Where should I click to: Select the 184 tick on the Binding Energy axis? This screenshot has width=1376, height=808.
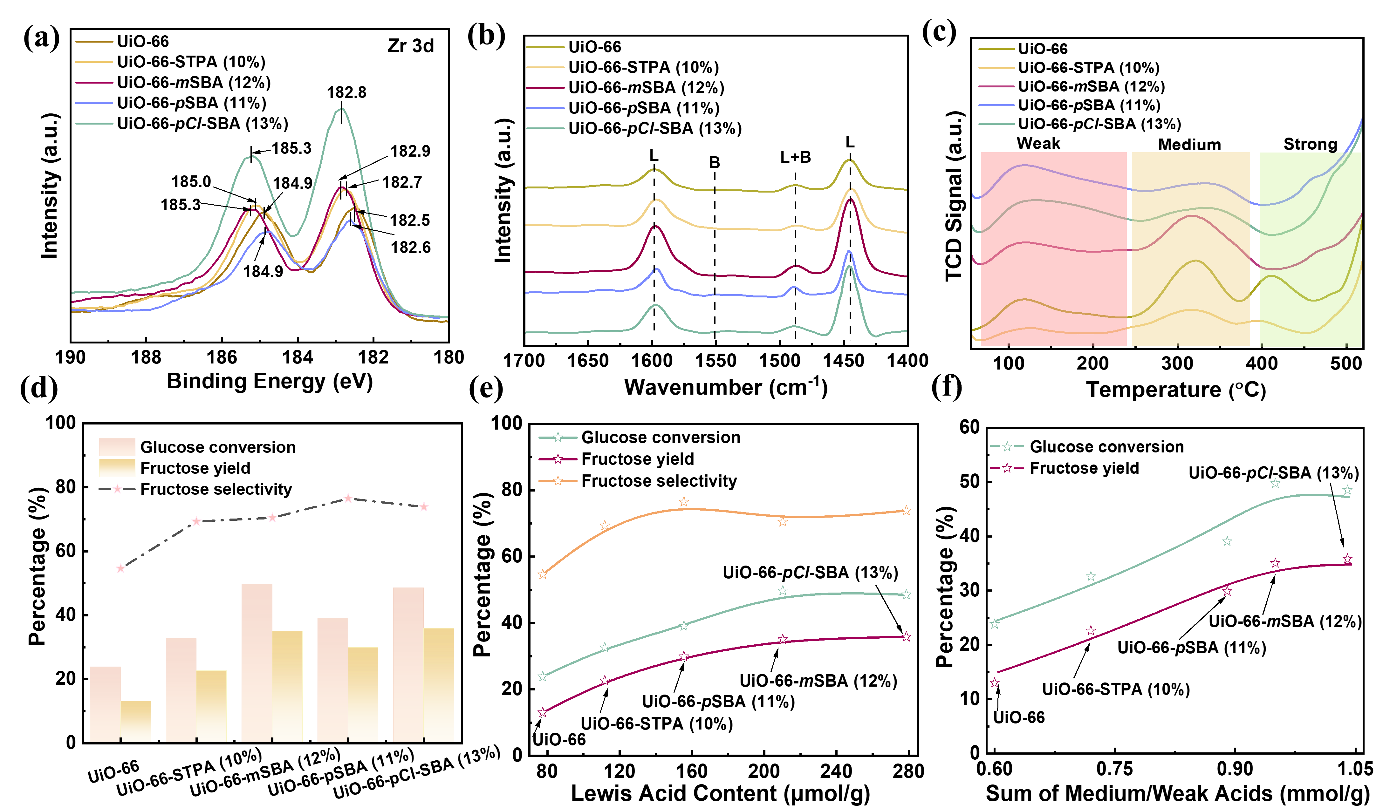[x=298, y=357]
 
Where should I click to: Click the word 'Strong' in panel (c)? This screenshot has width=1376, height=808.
[x=1310, y=144]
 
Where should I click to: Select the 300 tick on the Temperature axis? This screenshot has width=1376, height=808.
[x=1177, y=363]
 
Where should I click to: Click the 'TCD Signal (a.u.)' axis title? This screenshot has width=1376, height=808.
[x=953, y=197]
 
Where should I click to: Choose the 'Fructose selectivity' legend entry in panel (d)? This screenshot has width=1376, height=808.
[x=216, y=489]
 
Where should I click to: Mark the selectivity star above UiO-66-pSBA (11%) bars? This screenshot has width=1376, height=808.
[x=348, y=499]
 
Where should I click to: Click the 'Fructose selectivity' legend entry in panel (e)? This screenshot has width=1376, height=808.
[x=659, y=481]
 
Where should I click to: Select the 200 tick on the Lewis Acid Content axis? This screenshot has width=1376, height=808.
[x=763, y=771]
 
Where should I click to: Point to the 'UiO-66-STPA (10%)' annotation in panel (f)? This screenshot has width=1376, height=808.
[x=1116, y=689]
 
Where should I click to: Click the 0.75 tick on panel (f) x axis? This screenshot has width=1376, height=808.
[x=1114, y=769]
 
